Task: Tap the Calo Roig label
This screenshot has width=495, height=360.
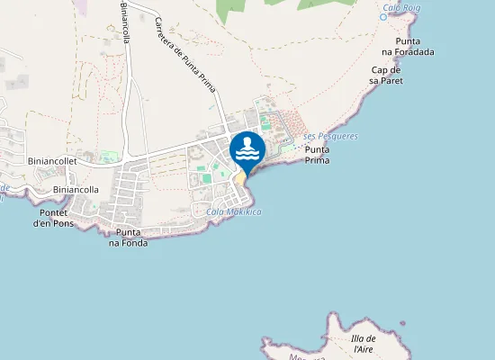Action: coord(402,8)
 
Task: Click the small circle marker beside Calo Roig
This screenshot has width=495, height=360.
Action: coord(383,16)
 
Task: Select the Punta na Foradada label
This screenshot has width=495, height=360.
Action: coord(414,47)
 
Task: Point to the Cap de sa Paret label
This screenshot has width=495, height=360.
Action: coord(386,75)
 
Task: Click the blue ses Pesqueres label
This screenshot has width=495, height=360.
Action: coord(331,136)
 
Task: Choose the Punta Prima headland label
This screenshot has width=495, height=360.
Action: coord(318,155)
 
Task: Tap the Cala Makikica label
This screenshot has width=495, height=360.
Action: coord(233,211)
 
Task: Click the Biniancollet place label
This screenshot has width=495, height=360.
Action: coord(53,160)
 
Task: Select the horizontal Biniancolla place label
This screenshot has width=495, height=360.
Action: coord(76,190)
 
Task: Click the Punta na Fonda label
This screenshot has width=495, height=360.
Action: coord(128,238)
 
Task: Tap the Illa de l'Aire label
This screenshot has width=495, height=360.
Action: coord(364,343)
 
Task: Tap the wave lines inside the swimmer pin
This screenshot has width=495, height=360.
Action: coord(247,154)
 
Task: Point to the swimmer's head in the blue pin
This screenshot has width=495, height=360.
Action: coord(247,140)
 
